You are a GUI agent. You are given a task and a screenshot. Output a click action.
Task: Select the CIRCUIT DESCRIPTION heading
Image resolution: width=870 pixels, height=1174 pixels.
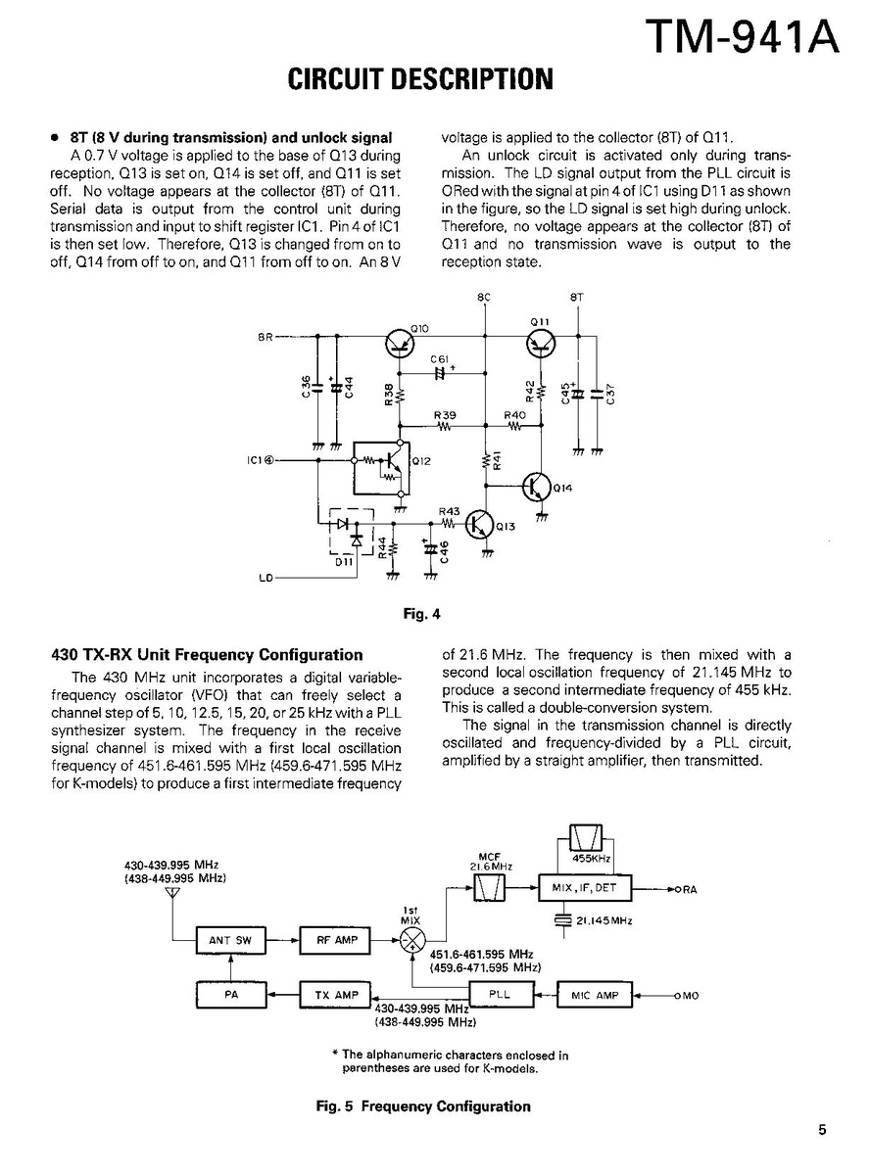(x=420, y=79)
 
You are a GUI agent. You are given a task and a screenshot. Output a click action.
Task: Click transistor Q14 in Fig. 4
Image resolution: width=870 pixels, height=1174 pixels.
(x=537, y=486)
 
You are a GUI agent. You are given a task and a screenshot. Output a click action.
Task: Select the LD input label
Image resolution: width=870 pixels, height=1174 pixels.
(x=265, y=578)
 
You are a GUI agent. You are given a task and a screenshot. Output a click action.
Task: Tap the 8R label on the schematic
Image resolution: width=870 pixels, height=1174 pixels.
(x=265, y=338)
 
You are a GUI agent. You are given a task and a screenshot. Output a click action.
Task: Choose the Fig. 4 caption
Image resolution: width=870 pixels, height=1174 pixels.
(x=423, y=615)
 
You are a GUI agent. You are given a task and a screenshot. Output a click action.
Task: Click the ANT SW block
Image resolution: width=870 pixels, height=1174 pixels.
(x=230, y=941)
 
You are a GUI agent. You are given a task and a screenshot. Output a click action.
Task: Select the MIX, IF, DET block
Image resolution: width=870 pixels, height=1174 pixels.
(x=585, y=889)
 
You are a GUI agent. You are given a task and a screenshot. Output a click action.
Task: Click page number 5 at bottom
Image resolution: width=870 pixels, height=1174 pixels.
(x=822, y=1129)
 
